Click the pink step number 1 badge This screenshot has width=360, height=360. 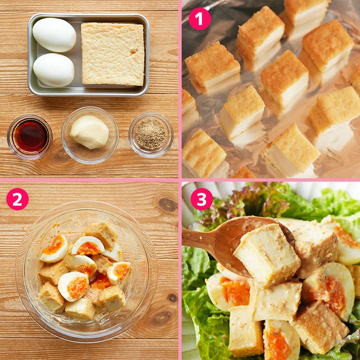pos(200,19)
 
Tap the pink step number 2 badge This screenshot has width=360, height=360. pos(17,199)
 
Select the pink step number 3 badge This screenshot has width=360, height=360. pos(202,199)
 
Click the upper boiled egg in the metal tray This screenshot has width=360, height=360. pos(55,35)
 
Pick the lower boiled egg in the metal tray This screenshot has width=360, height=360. pos(53,70)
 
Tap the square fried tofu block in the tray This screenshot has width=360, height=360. pos(113,54)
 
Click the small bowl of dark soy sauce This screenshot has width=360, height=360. pos(30,137)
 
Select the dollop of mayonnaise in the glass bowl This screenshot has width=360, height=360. pos(89,132)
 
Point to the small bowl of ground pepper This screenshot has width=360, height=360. pos(151,135)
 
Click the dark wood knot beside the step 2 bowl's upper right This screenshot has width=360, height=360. pos(168,204)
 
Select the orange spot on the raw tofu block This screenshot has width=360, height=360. pos(133,51)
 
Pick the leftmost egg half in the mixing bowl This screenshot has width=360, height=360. pos(54,248)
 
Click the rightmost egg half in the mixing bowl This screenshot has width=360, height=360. pos(119,272)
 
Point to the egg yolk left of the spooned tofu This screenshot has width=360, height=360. pos(236,291)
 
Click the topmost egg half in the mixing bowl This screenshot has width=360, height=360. pos(88,246)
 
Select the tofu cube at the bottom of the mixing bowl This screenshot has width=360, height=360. pos(80,309)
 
